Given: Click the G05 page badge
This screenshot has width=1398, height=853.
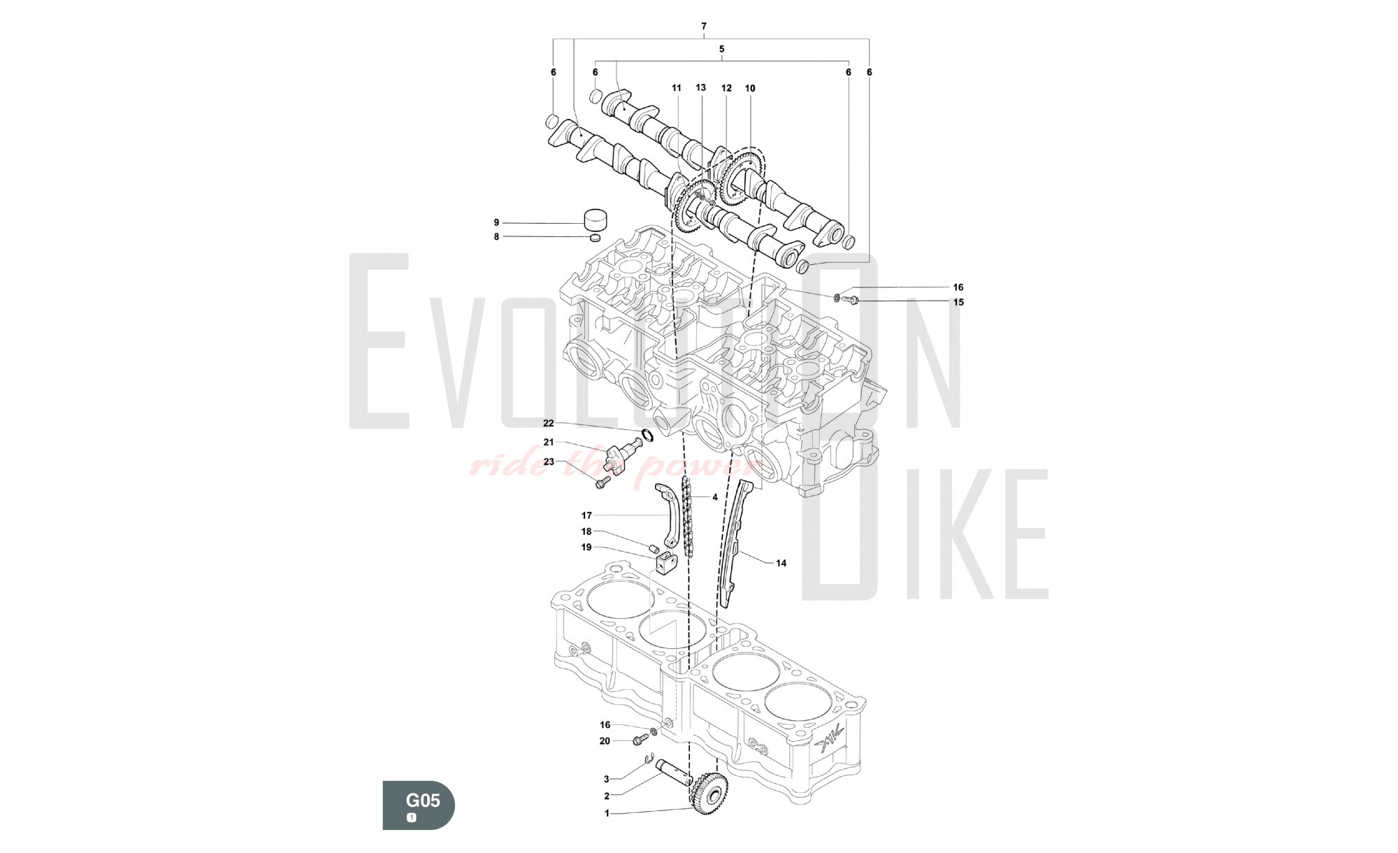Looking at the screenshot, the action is tap(418, 805).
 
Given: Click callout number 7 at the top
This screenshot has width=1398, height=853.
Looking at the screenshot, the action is tap(704, 27).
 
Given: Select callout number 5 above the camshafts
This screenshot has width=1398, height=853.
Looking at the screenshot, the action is tap(721, 49).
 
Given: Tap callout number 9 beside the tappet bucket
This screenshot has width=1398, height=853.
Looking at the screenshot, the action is tap(496, 222).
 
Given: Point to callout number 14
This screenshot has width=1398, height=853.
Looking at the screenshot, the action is tap(781, 563).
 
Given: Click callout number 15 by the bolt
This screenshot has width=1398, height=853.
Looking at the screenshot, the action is tap(958, 302).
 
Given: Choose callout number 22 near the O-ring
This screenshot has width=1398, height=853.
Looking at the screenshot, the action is tap(548, 423).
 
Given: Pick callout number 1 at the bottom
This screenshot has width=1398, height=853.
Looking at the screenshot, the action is tap(607, 813).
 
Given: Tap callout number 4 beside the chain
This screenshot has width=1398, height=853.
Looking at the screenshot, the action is tap(715, 498).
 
